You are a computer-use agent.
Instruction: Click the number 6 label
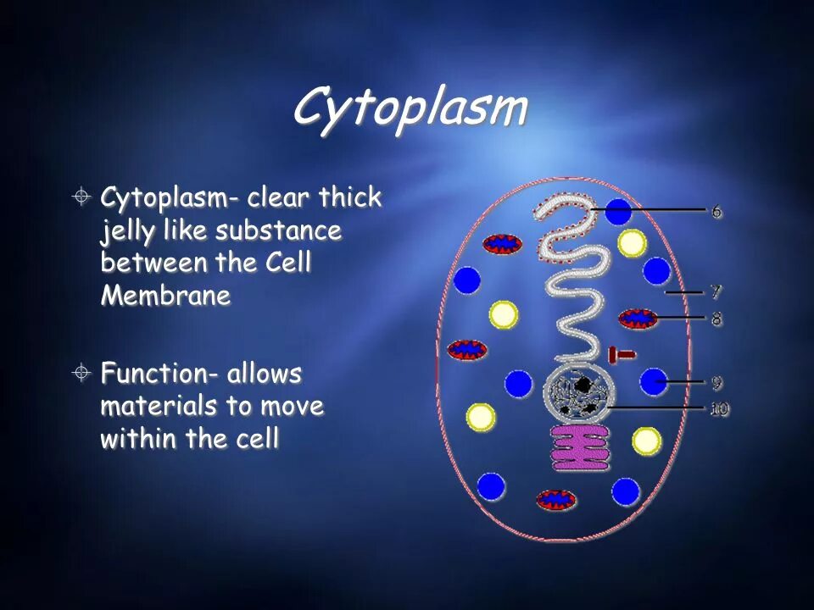click(716, 210)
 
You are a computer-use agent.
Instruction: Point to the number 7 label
click(716, 292)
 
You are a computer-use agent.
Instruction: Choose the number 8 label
click(716, 319)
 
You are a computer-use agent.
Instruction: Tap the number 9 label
click(716, 382)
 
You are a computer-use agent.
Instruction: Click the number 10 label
click(719, 408)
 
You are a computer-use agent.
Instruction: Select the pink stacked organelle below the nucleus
click(582, 448)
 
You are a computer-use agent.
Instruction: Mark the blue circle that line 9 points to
click(653, 382)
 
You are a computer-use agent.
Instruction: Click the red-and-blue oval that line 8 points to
click(633, 319)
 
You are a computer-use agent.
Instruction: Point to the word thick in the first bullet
click(349, 198)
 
